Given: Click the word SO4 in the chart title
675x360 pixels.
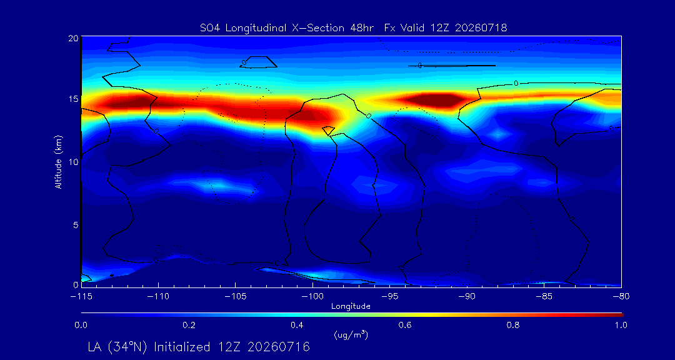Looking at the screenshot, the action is point(208,28).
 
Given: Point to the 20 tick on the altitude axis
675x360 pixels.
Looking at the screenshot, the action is point(72,38).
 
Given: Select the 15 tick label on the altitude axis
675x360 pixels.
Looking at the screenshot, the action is point(73,99).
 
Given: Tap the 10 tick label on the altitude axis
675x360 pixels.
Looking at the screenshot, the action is point(73,161).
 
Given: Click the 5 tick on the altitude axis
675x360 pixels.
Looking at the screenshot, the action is point(76,224).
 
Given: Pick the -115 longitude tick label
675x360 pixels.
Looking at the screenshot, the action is point(81,297).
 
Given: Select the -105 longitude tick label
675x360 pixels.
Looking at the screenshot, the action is point(235,297).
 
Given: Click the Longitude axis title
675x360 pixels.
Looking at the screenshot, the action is point(351,307).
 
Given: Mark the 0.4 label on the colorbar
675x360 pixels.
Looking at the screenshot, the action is point(297,325).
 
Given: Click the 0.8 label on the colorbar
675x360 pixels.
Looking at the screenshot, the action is point(513,325).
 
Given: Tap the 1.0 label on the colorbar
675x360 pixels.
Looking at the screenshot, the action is point(621,325).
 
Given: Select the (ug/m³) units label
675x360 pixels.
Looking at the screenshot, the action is point(351,334).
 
